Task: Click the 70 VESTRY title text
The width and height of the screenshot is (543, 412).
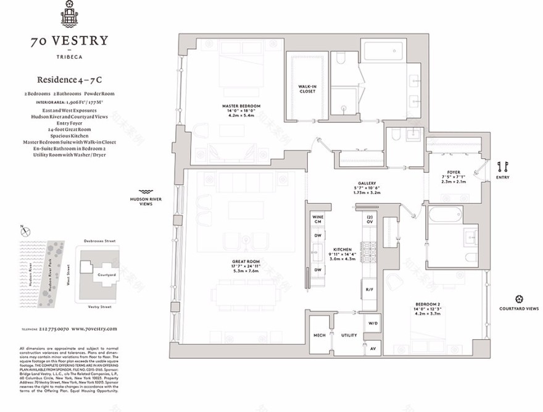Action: (x=69, y=41)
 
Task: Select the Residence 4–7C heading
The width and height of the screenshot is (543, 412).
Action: (x=69, y=80)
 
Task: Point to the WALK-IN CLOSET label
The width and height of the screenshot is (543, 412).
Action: (x=307, y=89)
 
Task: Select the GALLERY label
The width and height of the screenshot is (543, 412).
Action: (x=367, y=183)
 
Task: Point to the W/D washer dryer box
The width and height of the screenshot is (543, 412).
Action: (x=373, y=323)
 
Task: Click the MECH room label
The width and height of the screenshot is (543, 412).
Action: (x=320, y=335)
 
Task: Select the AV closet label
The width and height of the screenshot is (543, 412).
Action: (x=373, y=349)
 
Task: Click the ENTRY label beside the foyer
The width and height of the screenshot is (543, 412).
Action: (x=502, y=177)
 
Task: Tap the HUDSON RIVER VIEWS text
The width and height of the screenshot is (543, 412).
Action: (x=146, y=201)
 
